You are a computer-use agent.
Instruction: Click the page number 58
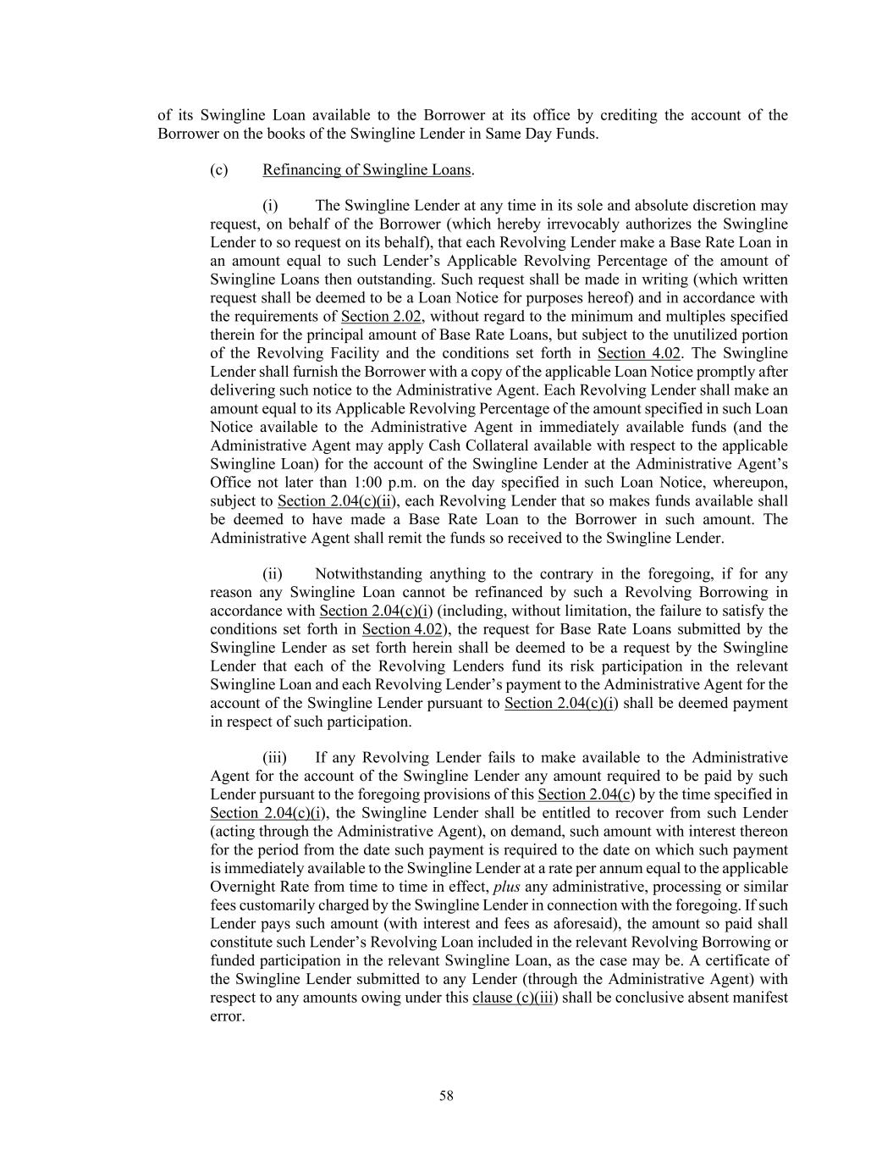446,1096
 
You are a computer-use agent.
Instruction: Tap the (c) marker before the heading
219,169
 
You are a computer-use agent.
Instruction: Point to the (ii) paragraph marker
272,574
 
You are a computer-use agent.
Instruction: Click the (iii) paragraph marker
274,757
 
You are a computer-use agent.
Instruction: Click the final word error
227,1016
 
